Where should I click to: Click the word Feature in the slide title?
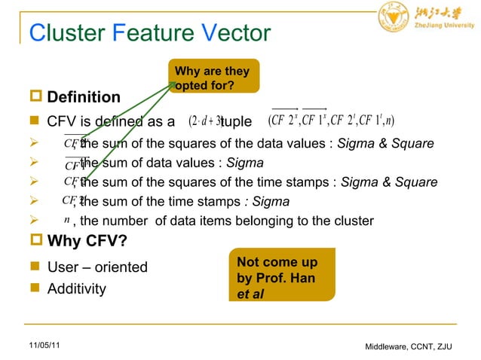coord(146,33)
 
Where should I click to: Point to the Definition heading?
coord(84,97)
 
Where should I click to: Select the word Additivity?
coord(77,289)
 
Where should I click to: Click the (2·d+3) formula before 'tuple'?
coord(205,121)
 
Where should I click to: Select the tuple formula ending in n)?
coord(331,121)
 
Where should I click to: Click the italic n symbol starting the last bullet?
coord(67,220)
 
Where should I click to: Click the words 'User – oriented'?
coord(97,267)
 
